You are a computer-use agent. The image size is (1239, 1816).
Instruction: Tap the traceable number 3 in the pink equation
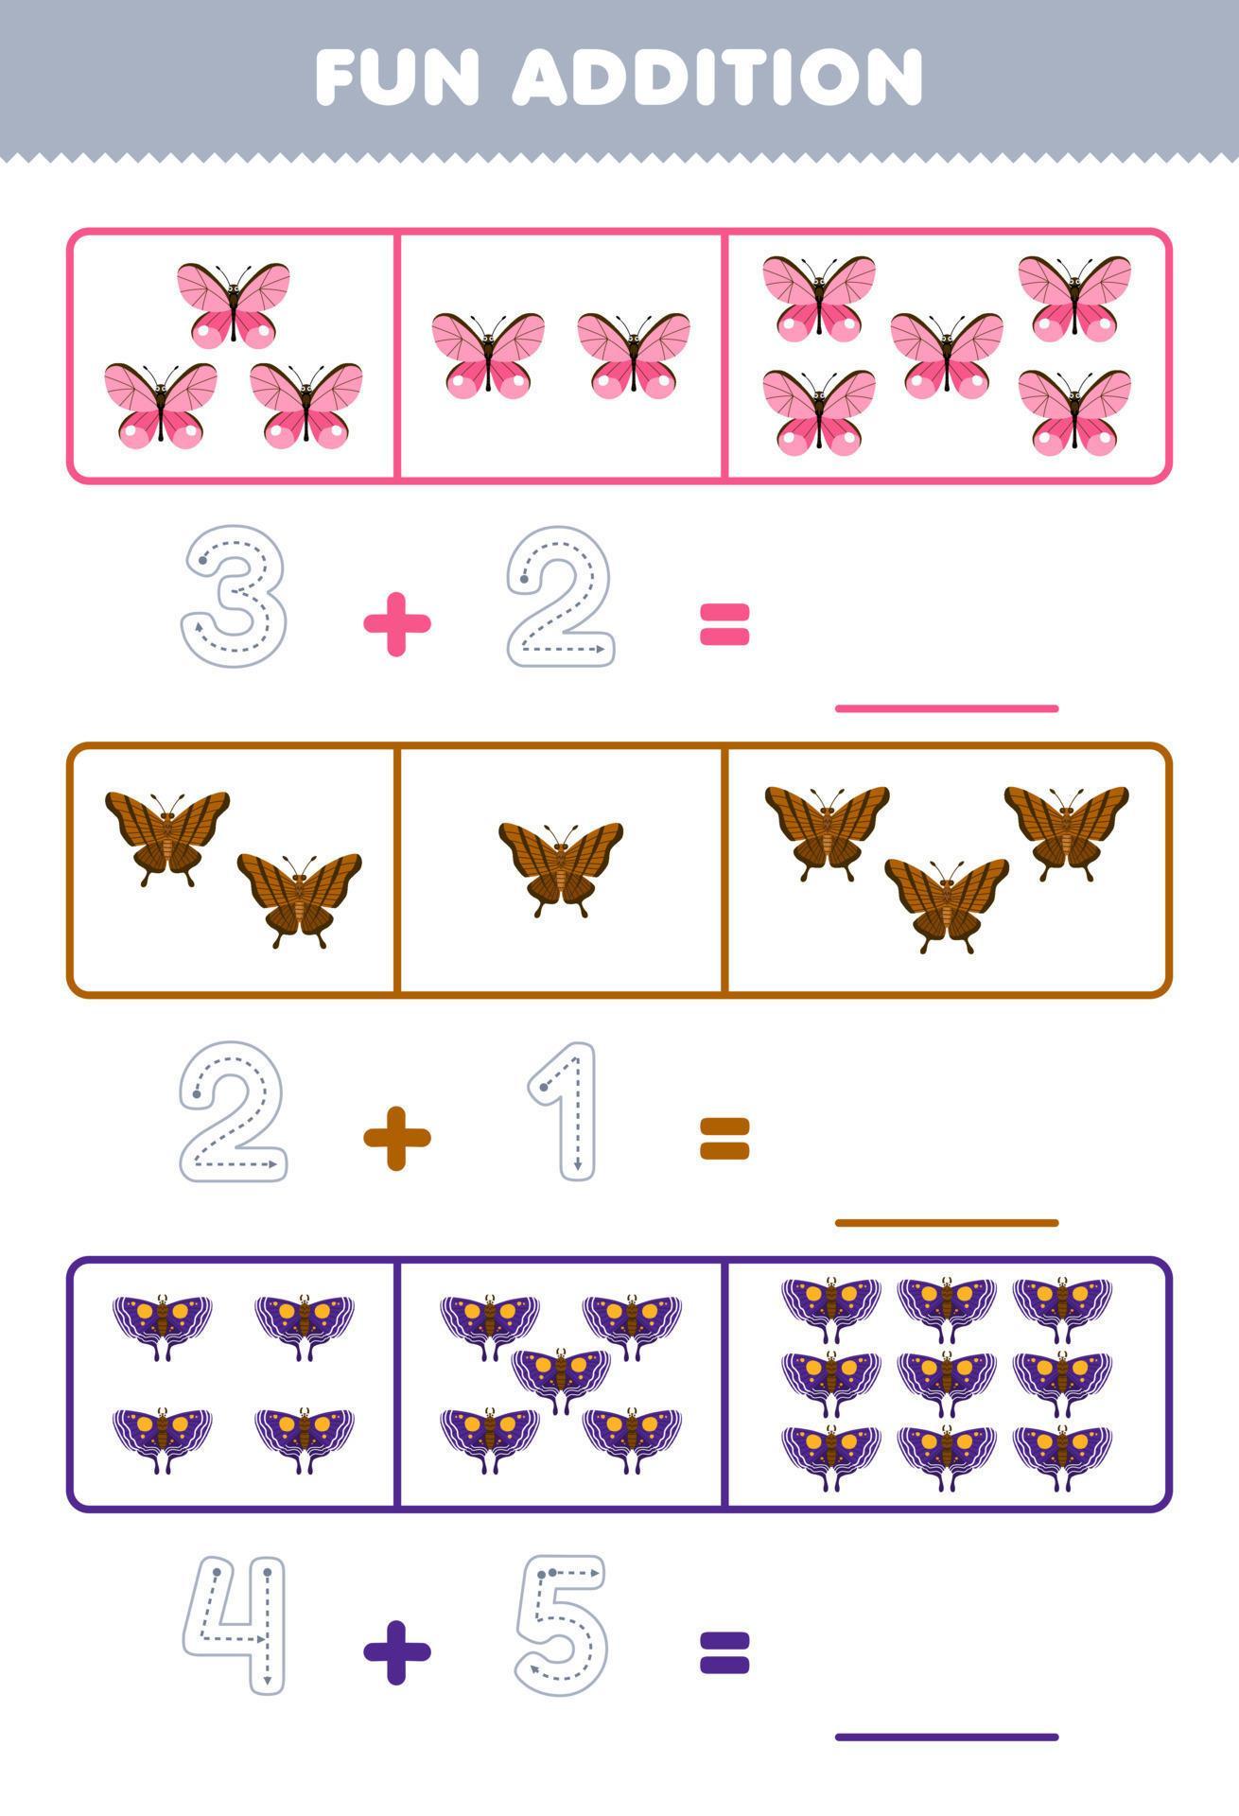click(234, 597)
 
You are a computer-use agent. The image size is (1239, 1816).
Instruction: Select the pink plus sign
click(397, 623)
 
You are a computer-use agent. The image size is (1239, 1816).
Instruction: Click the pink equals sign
click(724, 624)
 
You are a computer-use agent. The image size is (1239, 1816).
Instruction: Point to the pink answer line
click(946, 707)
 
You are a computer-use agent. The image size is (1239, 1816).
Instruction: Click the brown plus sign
click(397, 1138)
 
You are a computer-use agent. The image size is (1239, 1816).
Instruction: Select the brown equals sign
click(724, 1138)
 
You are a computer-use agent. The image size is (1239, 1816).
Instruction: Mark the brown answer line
click(946, 1222)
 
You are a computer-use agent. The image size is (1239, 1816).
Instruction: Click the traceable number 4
click(235, 1623)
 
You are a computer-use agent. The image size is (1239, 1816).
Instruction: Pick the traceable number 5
click(560, 1625)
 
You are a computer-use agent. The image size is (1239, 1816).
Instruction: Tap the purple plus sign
click(397, 1652)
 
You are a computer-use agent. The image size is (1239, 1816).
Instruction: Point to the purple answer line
click(946, 1737)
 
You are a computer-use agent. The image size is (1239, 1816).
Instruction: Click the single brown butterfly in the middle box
click(561, 866)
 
